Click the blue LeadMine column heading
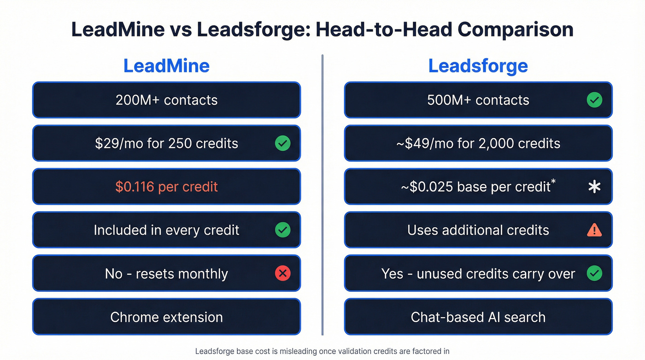coord(166,66)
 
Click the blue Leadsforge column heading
coord(478,66)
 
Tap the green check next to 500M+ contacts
coord(594,100)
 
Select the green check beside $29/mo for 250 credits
coord(282,143)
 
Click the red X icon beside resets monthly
coord(282,273)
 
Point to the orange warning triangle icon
coord(594,230)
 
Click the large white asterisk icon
coord(594,187)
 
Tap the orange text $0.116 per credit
coord(166,187)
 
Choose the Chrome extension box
coord(166,317)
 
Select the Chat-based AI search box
coord(478,317)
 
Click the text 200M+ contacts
coord(166,100)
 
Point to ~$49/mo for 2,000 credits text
coord(478,143)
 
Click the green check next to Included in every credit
coord(282,230)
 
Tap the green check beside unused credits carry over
coord(594,273)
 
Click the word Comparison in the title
coord(515,30)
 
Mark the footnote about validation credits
coord(322,351)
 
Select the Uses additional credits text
coord(478,230)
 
